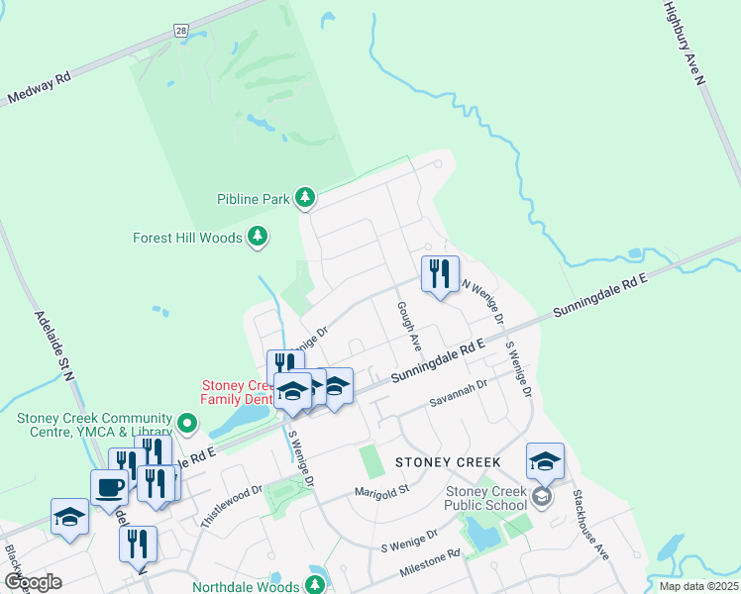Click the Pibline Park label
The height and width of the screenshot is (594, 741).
254,199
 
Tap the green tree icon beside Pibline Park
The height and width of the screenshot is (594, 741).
306,198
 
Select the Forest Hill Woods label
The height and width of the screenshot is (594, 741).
187,238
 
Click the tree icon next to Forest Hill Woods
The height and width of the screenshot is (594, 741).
258,236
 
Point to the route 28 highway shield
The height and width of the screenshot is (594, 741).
181,32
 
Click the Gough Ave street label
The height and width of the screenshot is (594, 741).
407,326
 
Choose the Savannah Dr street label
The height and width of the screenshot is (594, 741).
459,395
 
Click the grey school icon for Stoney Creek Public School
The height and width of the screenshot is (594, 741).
541,496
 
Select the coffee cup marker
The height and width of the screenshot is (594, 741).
109,487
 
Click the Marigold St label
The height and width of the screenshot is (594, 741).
382,491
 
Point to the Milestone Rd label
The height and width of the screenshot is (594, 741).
431,564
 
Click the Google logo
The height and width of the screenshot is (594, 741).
33,582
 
